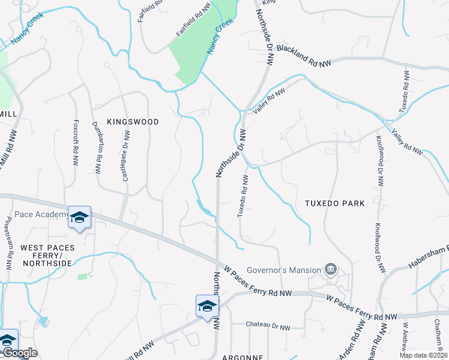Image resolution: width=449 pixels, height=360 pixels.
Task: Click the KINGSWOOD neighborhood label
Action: [x=133, y=122]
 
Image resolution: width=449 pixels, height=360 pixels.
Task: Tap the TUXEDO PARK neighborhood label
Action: [x=334, y=203]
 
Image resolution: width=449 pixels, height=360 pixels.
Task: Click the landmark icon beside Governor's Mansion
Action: [x=330, y=269]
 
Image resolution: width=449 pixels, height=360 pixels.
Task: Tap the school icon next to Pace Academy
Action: [x=79, y=218]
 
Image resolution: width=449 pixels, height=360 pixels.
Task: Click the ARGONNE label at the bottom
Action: [x=243, y=357]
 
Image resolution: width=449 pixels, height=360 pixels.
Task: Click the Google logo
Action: [x=19, y=353]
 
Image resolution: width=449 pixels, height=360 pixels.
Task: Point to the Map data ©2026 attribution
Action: [x=423, y=355]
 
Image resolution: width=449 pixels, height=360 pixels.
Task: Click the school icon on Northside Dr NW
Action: [x=207, y=306]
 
